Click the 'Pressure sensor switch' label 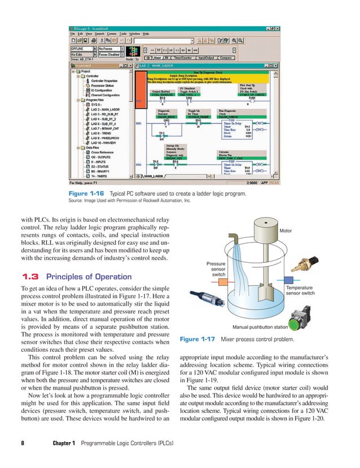click(216, 269)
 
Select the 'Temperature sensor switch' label click(300, 290)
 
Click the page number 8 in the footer click(23, 443)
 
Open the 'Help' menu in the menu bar click(146, 33)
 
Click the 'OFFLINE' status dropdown click(82, 49)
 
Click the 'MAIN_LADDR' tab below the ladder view click(155, 176)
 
